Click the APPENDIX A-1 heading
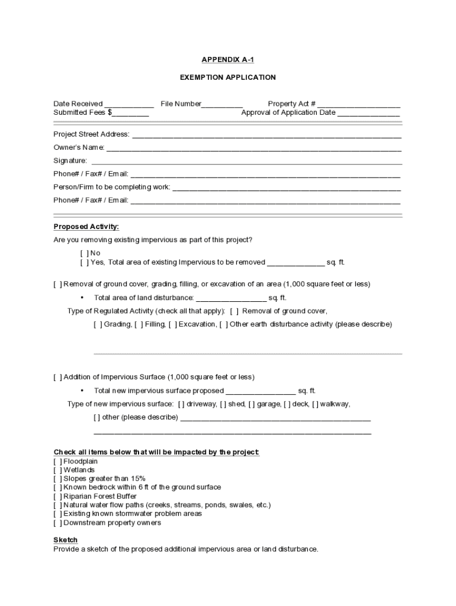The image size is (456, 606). point(228,60)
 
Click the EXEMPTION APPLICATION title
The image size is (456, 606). point(228,78)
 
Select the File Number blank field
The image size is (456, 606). point(222,104)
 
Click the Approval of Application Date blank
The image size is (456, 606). point(368,113)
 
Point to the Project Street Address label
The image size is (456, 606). point(91,134)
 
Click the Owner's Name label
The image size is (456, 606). point(79,147)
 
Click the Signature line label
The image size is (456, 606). point(70,160)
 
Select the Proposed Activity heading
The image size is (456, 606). point(86,227)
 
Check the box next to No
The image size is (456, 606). point(84,253)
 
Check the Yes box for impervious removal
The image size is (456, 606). point(84,262)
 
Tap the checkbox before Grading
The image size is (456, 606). point(98,324)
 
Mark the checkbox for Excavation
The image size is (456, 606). point(172,324)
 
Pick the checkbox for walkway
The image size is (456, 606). point(316,404)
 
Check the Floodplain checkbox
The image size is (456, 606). point(57,462)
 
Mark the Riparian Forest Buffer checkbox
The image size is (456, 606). point(57,497)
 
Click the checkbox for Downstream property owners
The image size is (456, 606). point(57,523)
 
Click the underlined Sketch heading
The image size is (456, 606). point(65,540)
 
